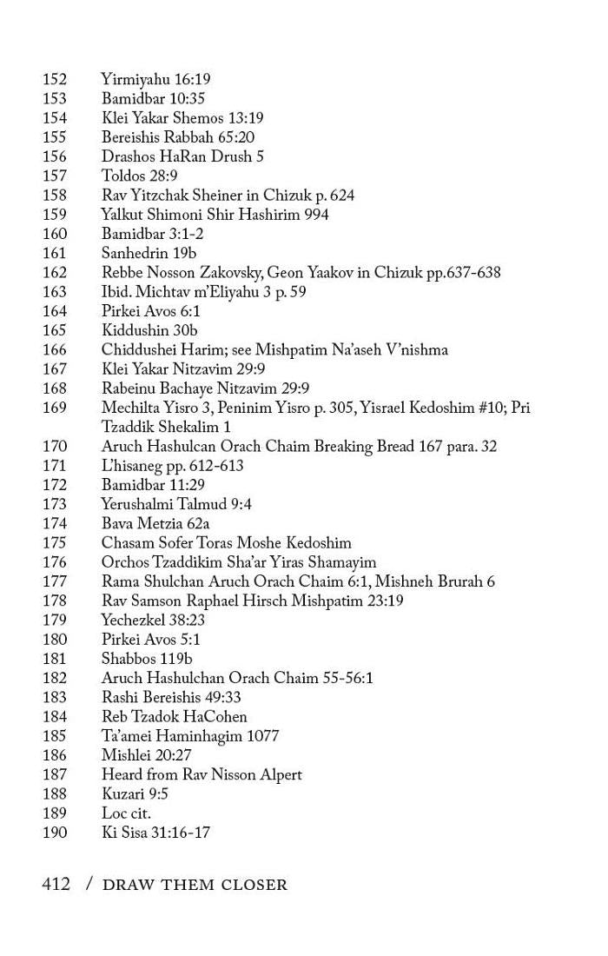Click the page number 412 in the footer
click(56, 885)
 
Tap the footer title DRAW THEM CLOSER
click(195, 886)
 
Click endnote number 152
click(54, 80)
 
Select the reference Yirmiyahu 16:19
click(155, 80)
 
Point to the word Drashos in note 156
click(128, 156)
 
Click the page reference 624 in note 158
click(340, 196)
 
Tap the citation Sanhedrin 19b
click(149, 253)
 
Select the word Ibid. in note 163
click(116, 292)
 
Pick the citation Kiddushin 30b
click(149, 330)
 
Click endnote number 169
click(54, 408)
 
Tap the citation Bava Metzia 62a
click(155, 523)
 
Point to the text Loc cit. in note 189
click(126, 813)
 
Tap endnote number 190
click(54, 833)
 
